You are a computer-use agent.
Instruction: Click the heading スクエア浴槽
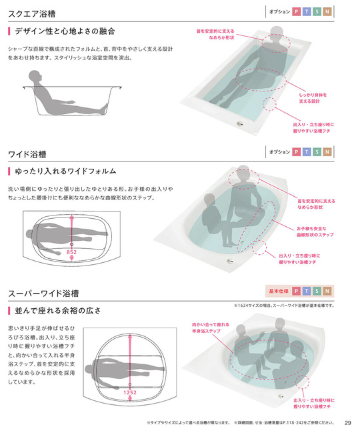(32, 13)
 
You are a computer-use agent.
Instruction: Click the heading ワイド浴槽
(27, 154)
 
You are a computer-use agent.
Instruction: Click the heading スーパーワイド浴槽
(43, 294)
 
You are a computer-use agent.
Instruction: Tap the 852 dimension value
(71, 252)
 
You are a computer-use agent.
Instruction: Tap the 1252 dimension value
(130, 392)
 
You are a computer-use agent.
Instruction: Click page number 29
(348, 423)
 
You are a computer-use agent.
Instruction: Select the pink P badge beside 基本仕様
(296, 291)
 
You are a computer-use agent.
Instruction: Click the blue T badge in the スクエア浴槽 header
(307, 11)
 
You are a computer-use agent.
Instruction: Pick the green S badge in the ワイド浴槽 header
(317, 152)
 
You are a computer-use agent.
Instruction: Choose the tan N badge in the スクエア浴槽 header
(327, 11)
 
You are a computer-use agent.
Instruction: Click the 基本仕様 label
(279, 291)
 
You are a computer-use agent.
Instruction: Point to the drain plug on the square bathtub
(240, 123)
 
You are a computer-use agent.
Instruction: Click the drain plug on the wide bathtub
(230, 261)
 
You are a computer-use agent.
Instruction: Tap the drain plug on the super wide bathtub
(281, 396)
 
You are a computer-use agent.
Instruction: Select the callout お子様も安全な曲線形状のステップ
(315, 232)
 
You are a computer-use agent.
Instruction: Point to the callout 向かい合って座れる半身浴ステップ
(211, 328)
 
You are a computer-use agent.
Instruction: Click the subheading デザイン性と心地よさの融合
(65, 31)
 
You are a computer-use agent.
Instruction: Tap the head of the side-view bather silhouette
(35, 76)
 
